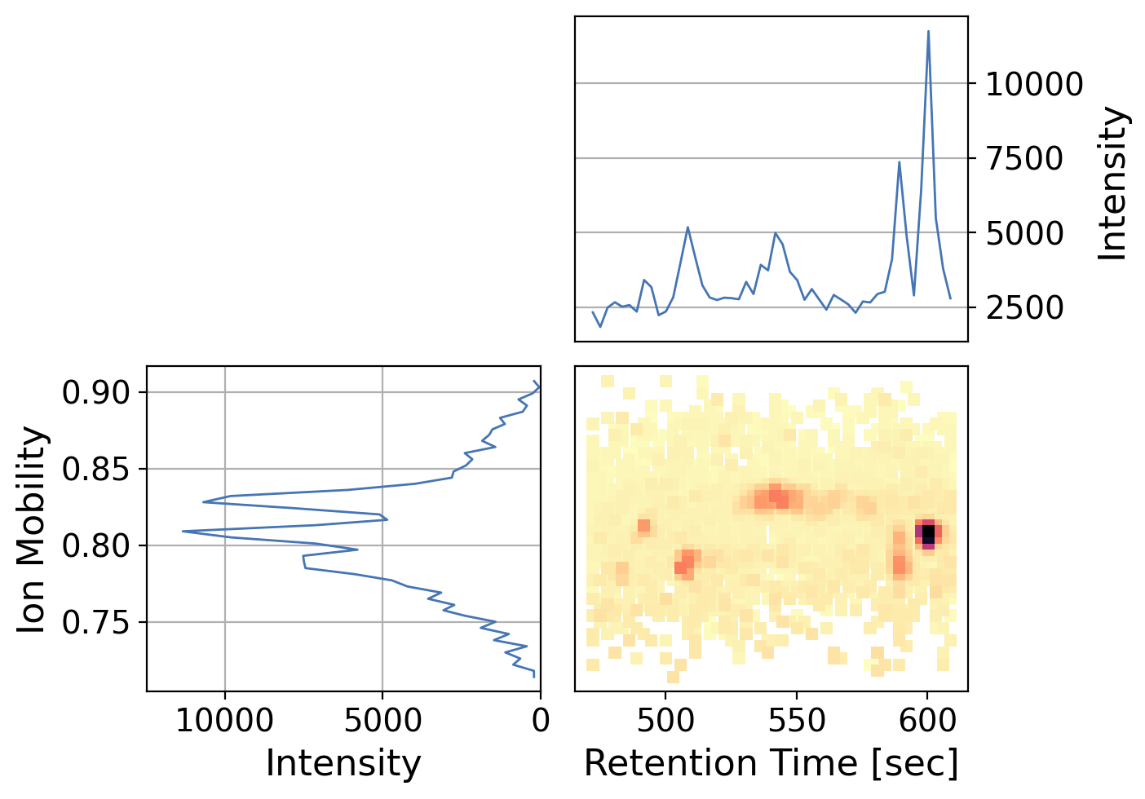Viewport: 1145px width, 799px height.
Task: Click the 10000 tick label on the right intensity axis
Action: (1034, 84)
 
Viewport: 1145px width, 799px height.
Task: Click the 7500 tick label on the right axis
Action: (1024, 159)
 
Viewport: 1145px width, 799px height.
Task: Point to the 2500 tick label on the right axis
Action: (1024, 309)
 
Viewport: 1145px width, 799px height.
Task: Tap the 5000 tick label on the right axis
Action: (1024, 234)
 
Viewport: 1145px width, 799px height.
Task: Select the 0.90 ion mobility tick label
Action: (96, 393)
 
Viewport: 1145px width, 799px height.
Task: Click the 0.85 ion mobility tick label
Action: (96, 470)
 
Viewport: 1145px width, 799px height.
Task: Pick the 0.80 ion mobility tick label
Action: (96, 545)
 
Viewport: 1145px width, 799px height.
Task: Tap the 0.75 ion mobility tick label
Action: (96, 623)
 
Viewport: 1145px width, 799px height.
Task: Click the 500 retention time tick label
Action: (665, 721)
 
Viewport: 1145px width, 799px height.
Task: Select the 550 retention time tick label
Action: (796, 721)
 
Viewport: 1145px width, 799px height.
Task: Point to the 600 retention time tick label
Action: (927, 721)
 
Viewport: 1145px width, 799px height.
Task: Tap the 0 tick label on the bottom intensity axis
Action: (540, 721)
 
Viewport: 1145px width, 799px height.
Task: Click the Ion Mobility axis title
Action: (33, 530)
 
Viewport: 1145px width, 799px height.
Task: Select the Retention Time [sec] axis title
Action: (771, 764)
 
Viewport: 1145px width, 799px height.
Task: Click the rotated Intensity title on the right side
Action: (1112, 184)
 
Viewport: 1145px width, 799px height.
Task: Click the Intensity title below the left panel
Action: (343, 764)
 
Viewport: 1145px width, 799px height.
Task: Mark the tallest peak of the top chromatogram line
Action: (928, 32)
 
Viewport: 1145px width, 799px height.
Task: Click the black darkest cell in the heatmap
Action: (928, 533)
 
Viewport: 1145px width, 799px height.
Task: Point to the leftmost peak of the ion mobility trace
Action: (183, 532)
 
